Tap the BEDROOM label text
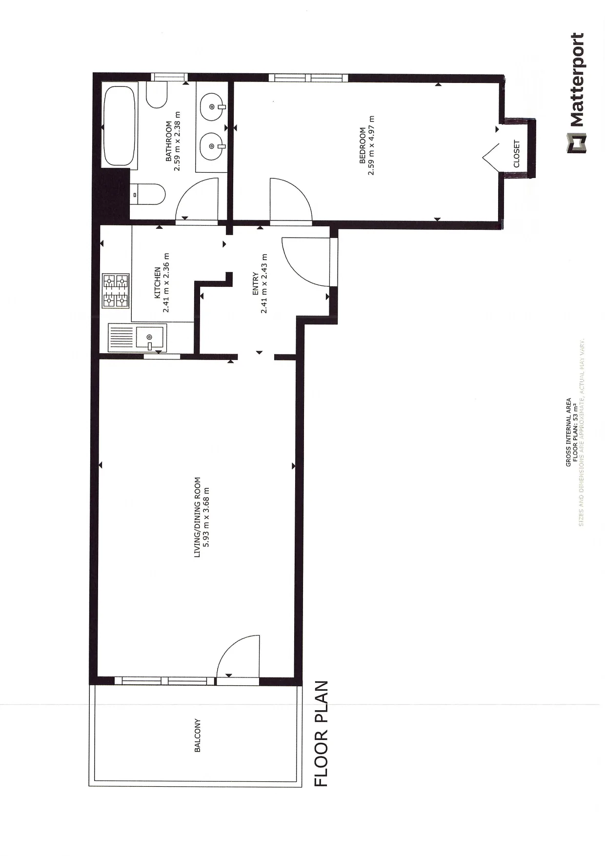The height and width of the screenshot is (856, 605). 363,145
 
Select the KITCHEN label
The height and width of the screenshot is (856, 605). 158,282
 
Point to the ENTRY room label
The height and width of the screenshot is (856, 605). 255,283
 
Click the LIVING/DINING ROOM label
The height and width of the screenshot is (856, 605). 198,517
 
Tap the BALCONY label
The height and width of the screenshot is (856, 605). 198,735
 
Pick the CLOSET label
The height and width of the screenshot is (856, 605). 517,154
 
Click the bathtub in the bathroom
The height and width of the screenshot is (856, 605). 119,126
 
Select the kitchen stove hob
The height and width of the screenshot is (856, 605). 116,291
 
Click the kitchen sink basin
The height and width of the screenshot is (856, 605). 150,337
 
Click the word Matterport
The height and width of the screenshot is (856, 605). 576,80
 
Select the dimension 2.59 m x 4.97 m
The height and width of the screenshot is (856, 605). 372,145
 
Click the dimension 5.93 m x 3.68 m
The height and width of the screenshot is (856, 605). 207,517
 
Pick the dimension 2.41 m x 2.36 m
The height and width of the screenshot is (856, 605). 166,282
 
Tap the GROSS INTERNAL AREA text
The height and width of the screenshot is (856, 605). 568,432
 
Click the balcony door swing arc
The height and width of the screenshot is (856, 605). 230,646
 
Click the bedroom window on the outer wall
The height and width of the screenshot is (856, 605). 308,78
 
